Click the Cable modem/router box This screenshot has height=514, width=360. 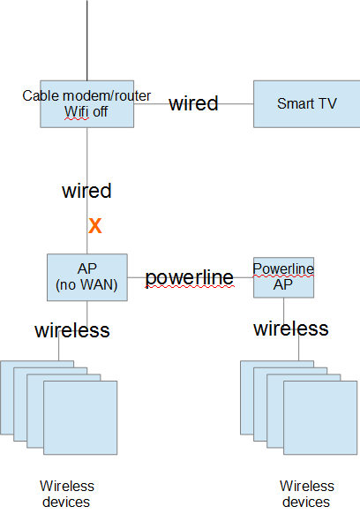(86, 104)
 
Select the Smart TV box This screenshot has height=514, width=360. (306, 104)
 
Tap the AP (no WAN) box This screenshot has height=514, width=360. (87, 277)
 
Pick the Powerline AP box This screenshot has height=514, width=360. (283, 277)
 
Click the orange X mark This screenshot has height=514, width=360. (95, 225)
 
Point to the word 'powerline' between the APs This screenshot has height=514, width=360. (190, 278)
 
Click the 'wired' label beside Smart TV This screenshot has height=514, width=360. (193, 103)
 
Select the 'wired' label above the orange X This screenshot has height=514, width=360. (86, 191)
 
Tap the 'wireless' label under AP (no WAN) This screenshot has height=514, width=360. (72, 330)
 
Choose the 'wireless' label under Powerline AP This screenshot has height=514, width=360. (291, 329)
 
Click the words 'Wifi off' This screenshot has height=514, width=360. (86, 112)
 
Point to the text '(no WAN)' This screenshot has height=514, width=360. (86, 284)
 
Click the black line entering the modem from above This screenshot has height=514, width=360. (87, 41)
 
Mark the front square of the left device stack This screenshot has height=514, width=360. (80, 418)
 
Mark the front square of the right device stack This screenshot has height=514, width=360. (320, 418)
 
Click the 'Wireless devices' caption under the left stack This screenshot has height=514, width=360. (67, 494)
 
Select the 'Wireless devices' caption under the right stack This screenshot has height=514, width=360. (307, 494)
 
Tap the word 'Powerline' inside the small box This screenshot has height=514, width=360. (283, 269)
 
